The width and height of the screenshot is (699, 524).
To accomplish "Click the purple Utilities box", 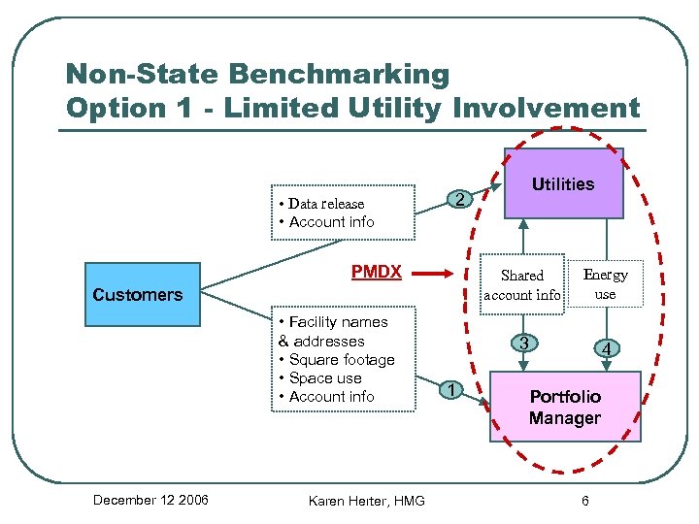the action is [x=563, y=183].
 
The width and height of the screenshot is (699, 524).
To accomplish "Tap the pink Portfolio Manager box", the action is [x=565, y=408].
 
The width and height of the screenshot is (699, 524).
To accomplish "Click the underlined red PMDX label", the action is [x=376, y=272].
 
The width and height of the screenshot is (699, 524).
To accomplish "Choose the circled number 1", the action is [x=450, y=390].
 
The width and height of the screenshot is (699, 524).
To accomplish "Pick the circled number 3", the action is [x=523, y=343].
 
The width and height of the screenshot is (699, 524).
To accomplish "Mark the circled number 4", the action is [x=606, y=347].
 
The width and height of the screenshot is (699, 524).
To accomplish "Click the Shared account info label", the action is [x=522, y=285].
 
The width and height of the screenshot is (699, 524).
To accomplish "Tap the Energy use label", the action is [x=605, y=284].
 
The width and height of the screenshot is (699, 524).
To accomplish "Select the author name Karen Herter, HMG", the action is [x=366, y=501].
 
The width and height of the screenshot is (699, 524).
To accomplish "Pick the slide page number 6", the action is [x=584, y=501].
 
